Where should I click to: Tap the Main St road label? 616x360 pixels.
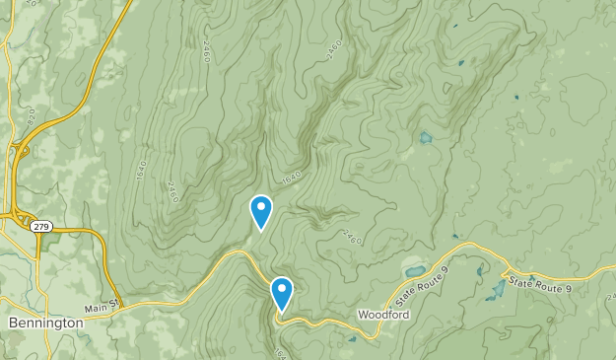click(102, 307)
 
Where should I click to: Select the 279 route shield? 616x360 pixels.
click(41, 226)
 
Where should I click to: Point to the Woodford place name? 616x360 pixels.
click(382, 316)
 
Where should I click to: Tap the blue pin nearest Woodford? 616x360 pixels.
click(282, 292)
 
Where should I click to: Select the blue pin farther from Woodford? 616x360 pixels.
click(260, 210)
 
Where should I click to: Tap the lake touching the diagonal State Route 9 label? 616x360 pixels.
click(413, 270)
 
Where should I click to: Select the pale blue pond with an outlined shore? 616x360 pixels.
click(425, 138)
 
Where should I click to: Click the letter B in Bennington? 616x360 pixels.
click(12, 323)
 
